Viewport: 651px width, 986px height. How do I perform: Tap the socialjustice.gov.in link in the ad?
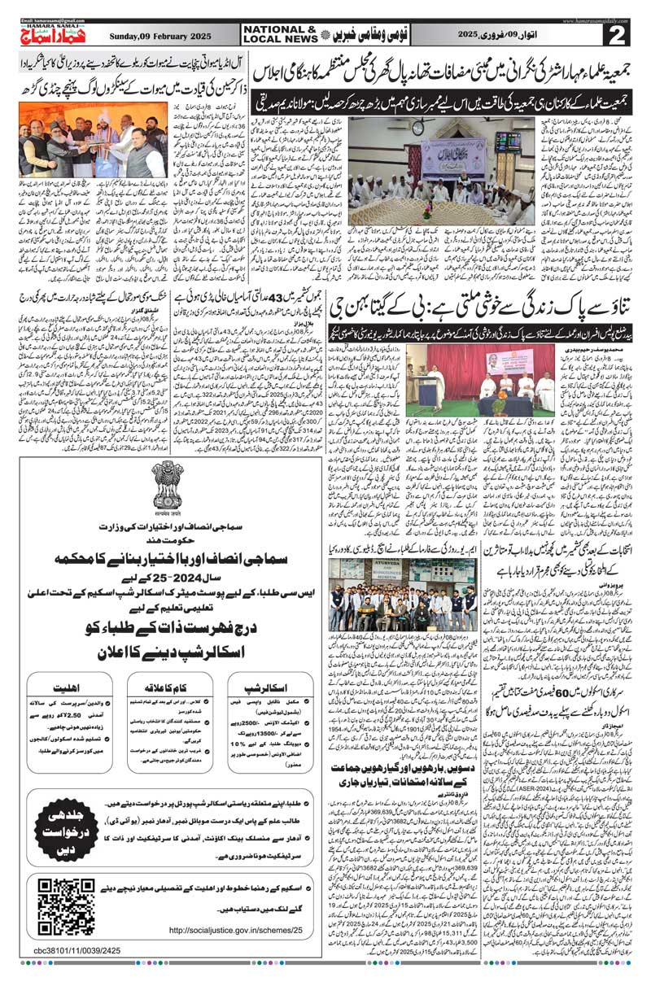tap(236, 929)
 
